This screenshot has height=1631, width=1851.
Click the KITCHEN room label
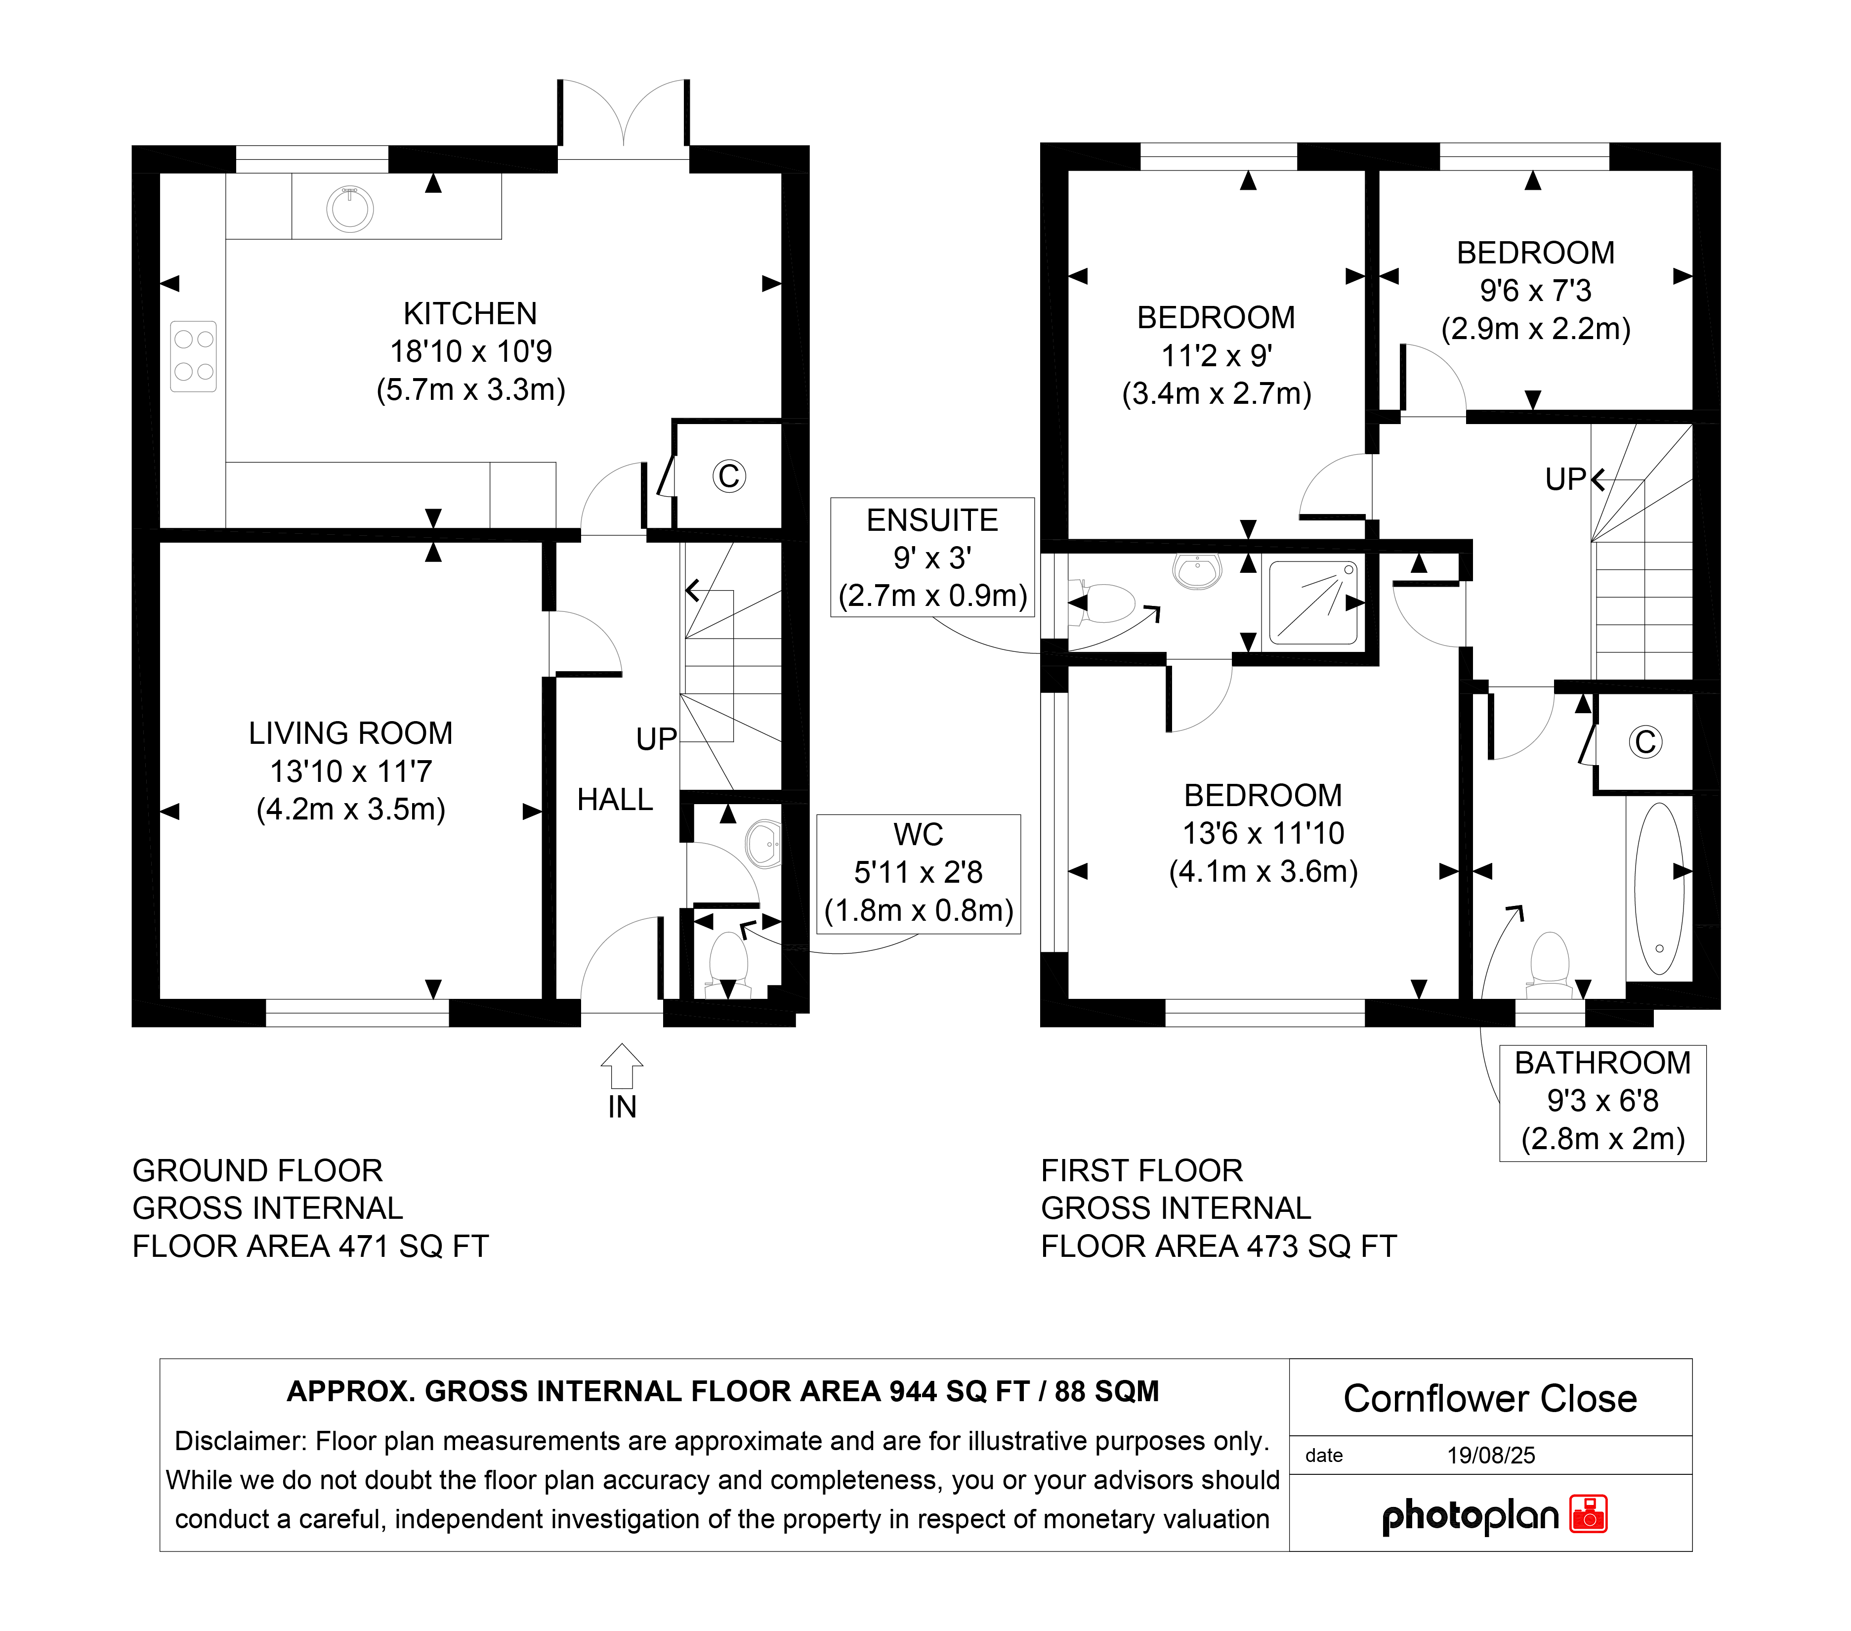click(470, 313)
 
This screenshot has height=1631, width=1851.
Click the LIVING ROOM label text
click(350, 732)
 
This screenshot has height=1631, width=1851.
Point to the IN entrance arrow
click(622, 1066)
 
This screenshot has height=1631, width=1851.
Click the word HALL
click(615, 800)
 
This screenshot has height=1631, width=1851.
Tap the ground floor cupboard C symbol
click(729, 475)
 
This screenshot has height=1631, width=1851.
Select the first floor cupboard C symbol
click(1645, 742)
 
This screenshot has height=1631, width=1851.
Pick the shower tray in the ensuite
click(1313, 602)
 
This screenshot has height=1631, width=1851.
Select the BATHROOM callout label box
click(1603, 1103)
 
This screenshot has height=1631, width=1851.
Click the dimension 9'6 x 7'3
click(1536, 291)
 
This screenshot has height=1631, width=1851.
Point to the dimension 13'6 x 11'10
click(1263, 833)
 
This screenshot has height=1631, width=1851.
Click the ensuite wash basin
click(1197, 570)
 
